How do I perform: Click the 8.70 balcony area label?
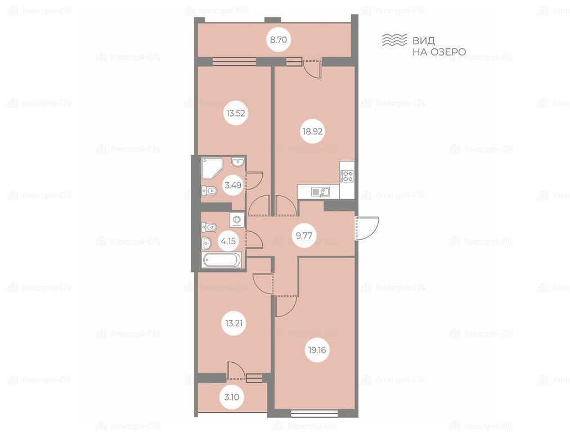(x=279, y=39)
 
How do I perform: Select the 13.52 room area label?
(x=236, y=114)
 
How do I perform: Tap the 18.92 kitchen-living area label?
(x=313, y=132)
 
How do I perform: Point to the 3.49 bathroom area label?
(x=233, y=185)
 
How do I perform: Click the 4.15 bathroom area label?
(x=228, y=240)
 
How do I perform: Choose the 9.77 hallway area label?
(x=304, y=236)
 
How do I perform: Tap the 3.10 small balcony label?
(x=232, y=397)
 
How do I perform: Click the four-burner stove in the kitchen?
(x=347, y=177)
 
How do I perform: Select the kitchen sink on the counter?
(x=320, y=191)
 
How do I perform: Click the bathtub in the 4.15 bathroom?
(x=222, y=260)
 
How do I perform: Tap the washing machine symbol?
(x=237, y=219)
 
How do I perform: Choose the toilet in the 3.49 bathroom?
(x=209, y=190)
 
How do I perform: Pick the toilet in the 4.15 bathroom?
(x=209, y=227)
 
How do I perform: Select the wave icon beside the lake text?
(x=394, y=40)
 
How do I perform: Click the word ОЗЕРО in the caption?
(x=448, y=52)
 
